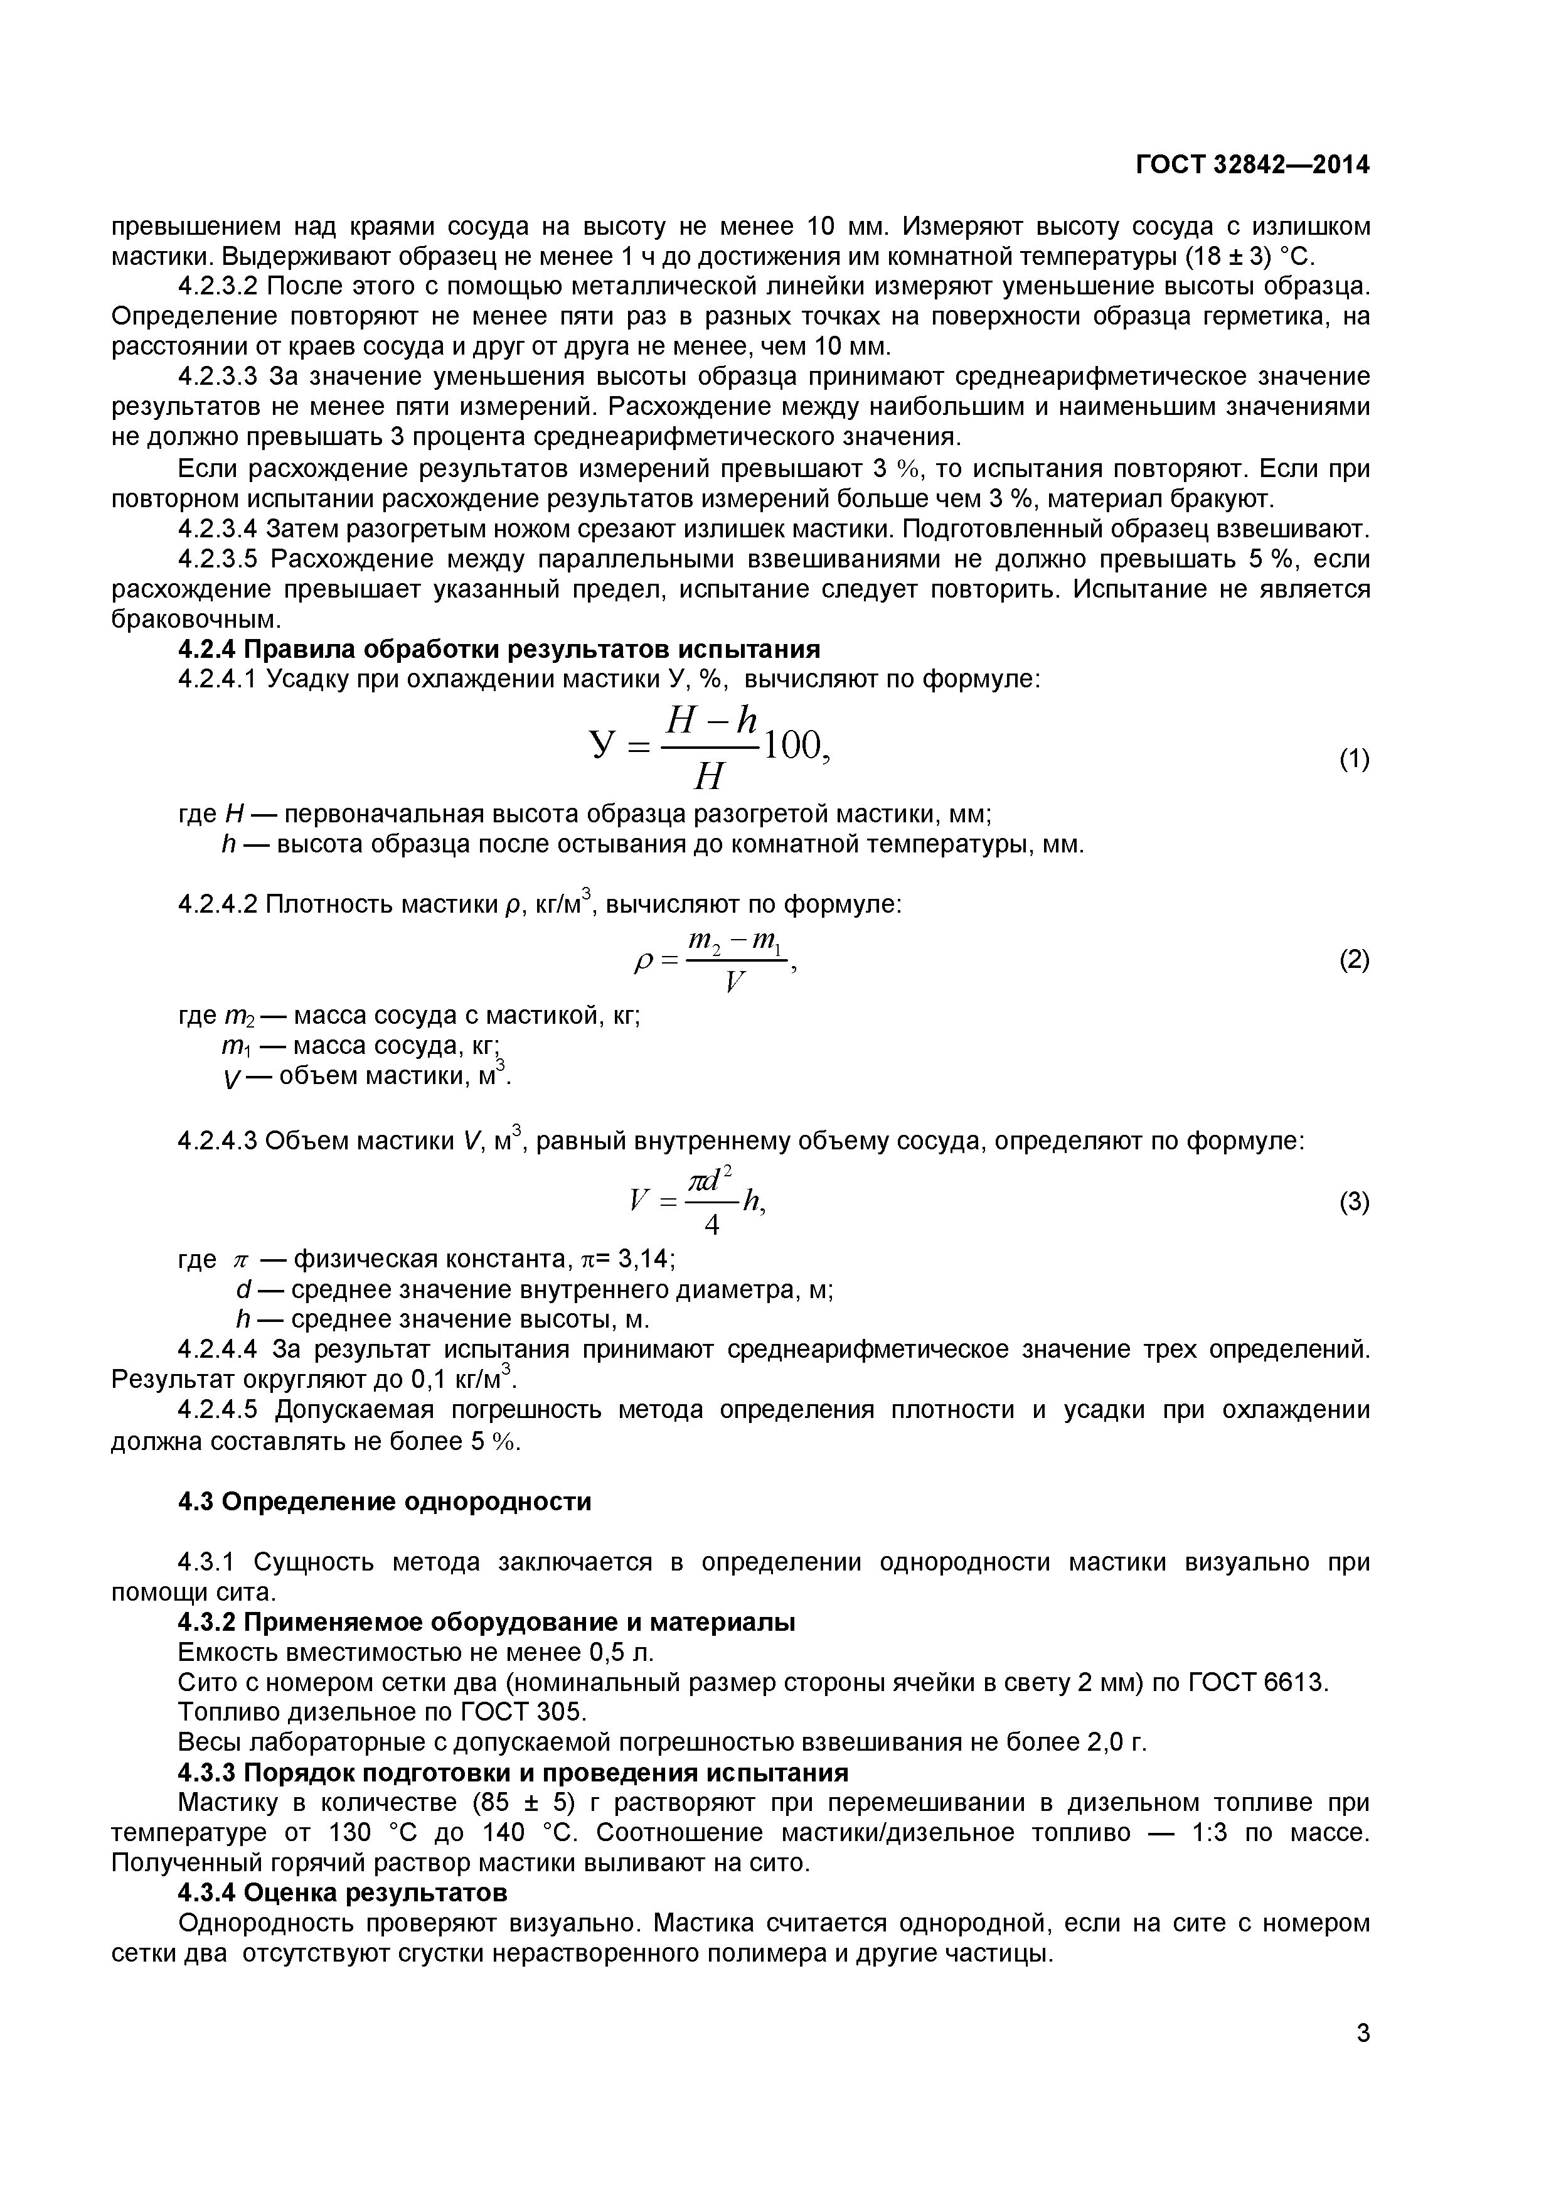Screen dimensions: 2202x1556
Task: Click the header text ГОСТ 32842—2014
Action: [1252, 165]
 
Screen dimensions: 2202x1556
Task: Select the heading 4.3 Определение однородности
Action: [385, 1501]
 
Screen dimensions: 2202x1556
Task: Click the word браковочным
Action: [196, 618]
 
